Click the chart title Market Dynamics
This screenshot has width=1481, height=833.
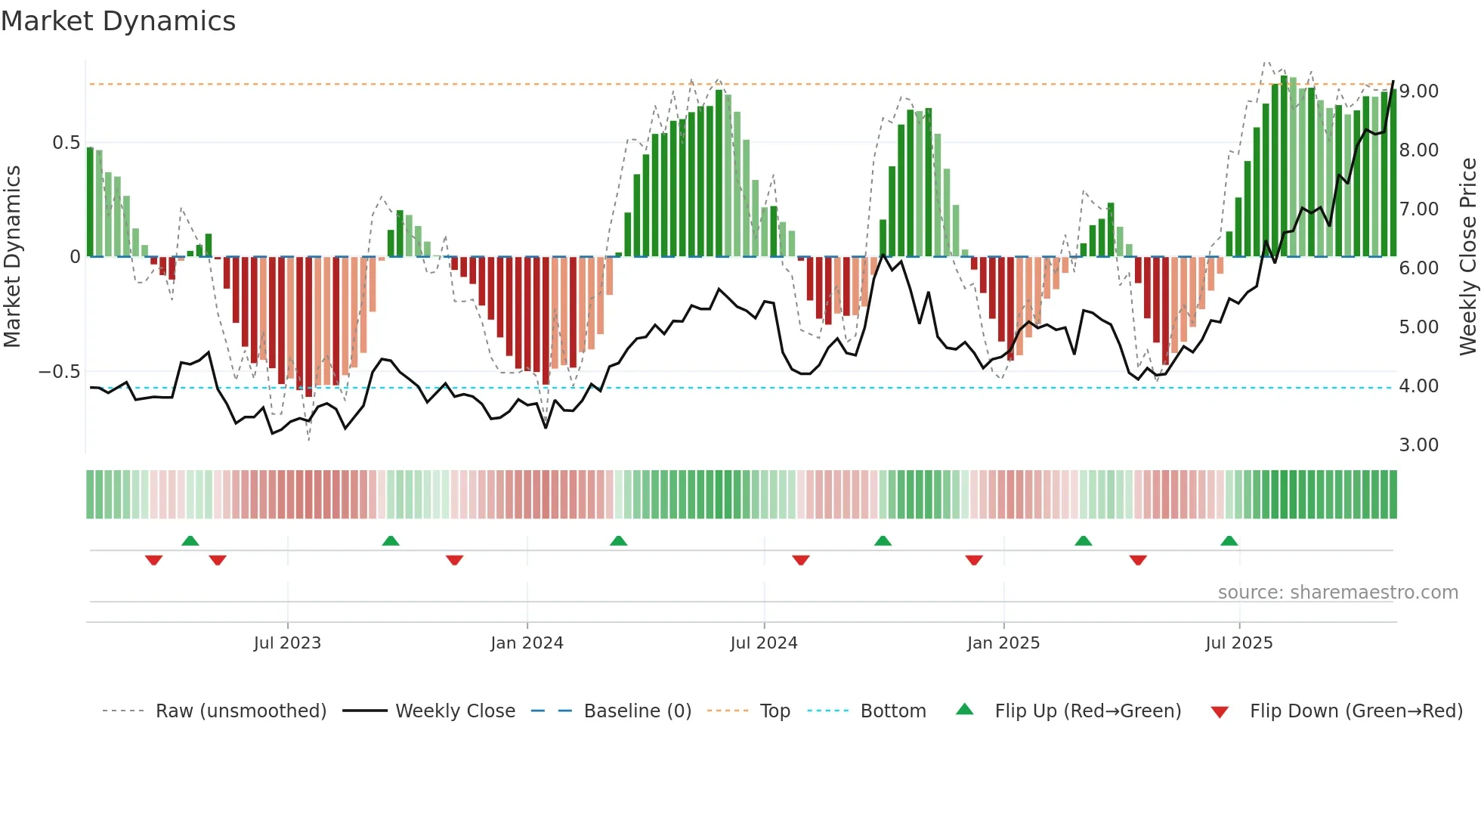(119, 21)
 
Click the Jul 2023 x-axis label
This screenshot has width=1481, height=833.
(287, 643)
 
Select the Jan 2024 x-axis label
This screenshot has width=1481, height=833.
(527, 643)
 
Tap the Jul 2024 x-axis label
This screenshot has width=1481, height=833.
(764, 643)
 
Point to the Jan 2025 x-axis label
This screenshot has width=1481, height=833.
(1003, 643)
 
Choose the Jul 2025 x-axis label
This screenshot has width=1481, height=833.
(1239, 643)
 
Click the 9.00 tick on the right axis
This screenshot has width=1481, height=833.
(1418, 91)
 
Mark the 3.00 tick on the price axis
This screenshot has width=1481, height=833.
(1418, 445)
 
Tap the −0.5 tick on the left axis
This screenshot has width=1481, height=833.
(59, 372)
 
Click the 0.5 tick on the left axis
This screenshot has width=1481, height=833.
(66, 143)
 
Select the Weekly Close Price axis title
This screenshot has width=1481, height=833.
(1467, 256)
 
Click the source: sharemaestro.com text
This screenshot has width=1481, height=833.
(1337, 593)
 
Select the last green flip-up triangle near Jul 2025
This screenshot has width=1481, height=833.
(1229, 541)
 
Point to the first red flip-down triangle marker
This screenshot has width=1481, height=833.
(153, 560)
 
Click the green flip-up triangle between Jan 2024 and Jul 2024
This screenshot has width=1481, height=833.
(618, 541)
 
